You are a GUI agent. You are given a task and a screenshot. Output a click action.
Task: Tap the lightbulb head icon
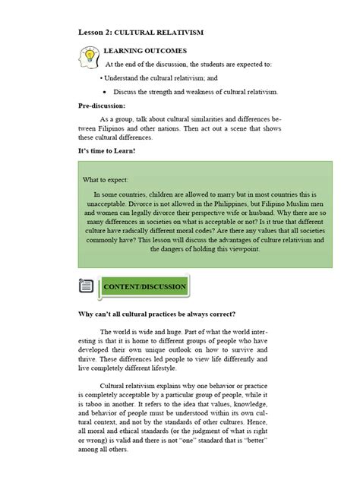[89, 57]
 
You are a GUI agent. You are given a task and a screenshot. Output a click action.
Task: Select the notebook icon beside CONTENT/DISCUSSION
[87, 286]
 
